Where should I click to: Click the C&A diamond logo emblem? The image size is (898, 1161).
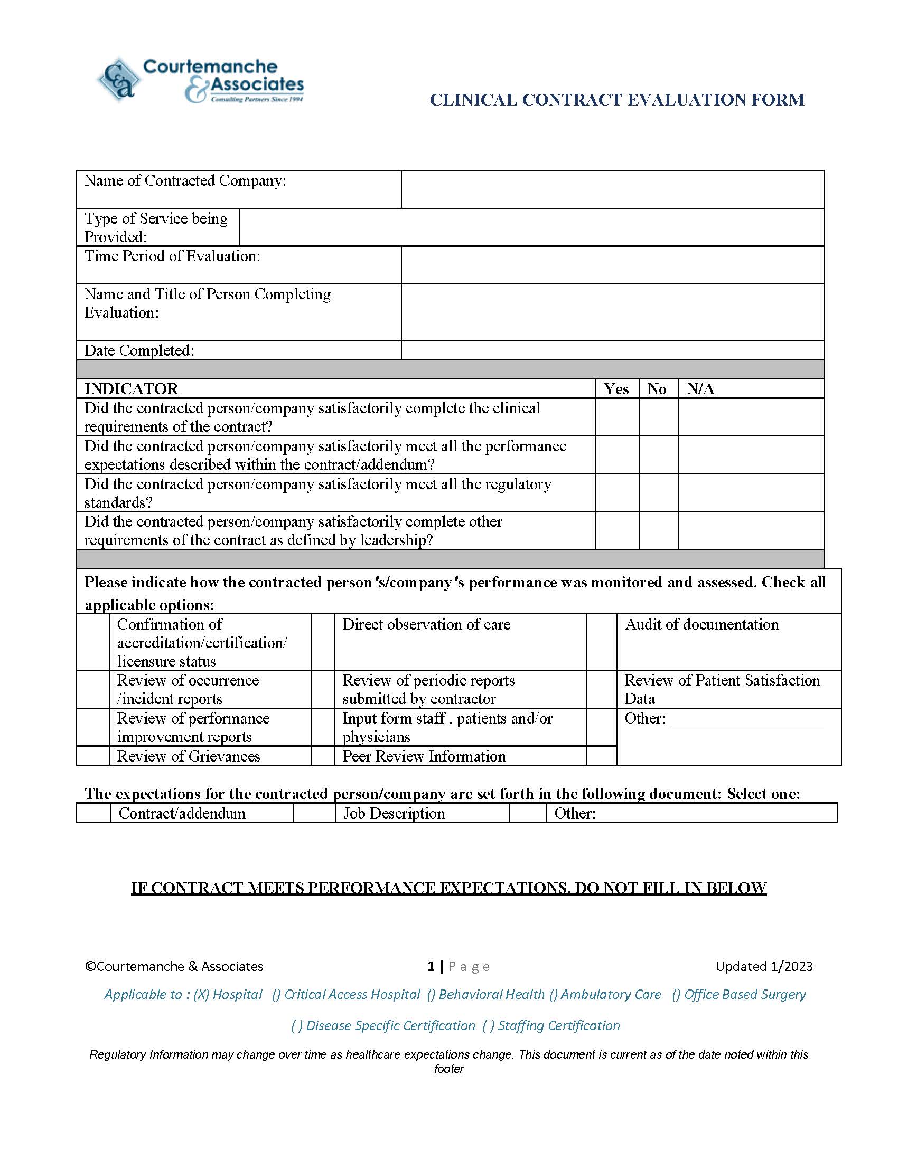[x=119, y=80]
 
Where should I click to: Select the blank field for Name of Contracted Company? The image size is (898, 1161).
[x=612, y=189]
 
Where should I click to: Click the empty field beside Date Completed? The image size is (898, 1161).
[x=612, y=350]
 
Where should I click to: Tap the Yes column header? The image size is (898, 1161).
[x=616, y=389]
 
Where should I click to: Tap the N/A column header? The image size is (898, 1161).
[x=700, y=389]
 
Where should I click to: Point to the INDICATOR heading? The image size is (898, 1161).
[x=132, y=389]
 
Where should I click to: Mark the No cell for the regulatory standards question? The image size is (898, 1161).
[x=658, y=493]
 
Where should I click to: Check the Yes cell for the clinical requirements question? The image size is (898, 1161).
[x=616, y=417]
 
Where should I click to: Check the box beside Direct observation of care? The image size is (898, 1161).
[x=322, y=642]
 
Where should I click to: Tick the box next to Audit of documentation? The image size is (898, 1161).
[x=601, y=642]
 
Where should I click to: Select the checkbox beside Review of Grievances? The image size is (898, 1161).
[x=93, y=756]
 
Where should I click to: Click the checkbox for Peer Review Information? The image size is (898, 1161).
[x=322, y=756]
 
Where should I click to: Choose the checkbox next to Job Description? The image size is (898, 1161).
[x=314, y=813]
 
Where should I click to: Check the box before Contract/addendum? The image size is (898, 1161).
[x=93, y=813]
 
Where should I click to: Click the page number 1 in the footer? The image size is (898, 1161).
[x=431, y=966]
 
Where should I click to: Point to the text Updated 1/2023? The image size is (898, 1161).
[x=763, y=966]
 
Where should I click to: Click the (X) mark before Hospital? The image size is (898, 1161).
[x=201, y=995]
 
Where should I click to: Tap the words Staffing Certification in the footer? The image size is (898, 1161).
[x=558, y=1025]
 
